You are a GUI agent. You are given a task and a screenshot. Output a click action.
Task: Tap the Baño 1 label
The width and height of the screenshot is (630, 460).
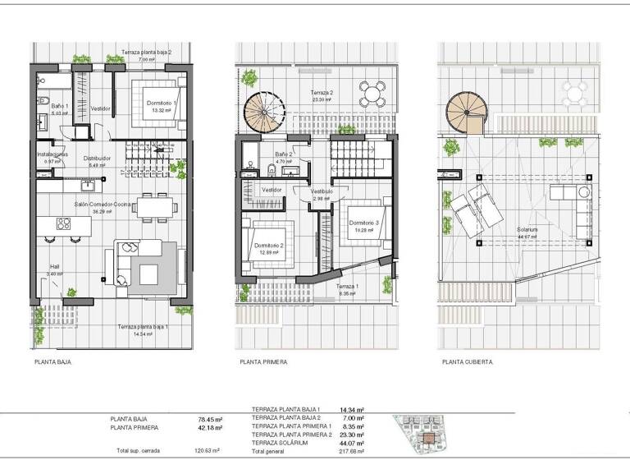57,106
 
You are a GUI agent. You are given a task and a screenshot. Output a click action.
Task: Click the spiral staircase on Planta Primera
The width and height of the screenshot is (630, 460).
262,112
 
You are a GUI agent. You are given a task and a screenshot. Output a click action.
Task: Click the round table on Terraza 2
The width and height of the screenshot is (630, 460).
372,94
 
